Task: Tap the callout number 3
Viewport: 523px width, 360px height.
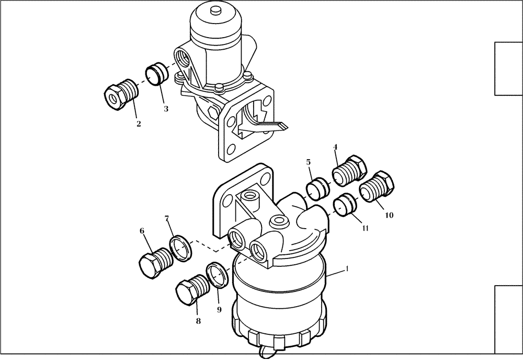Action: point(165,109)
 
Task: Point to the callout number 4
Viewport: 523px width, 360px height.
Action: point(336,148)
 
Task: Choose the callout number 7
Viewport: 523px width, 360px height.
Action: point(167,218)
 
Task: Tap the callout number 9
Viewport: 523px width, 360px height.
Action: point(219,309)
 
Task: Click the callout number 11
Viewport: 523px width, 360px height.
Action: point(365,228)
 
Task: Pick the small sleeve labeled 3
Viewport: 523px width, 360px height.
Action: point(155,74)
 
